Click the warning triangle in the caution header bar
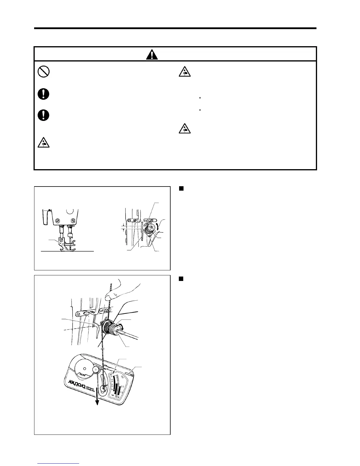click(151, 54)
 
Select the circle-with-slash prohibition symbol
click(44, 71)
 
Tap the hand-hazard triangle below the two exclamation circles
click(44, 143)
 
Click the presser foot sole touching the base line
click(68, 249)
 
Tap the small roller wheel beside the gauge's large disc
click(96, 370)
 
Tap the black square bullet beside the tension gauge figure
click(181, 279)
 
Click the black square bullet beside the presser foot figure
click(181, 189)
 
